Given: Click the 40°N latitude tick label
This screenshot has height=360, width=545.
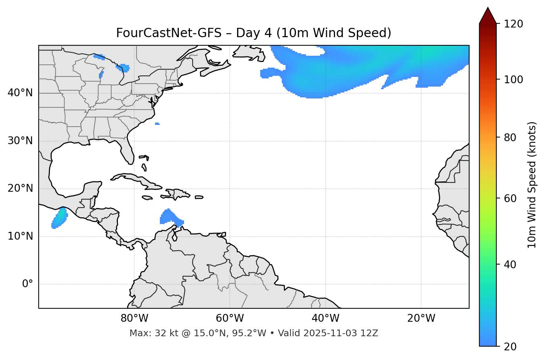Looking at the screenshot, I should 20,93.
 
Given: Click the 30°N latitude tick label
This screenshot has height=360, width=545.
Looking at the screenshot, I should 20,141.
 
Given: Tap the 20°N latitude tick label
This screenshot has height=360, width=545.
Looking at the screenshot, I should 20,188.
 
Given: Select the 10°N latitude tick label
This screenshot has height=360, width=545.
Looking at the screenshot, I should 20,236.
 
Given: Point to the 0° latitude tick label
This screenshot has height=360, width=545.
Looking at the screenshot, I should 28,284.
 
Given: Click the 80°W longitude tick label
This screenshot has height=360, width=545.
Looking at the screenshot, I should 134,318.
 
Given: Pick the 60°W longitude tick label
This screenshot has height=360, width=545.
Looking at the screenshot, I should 230,318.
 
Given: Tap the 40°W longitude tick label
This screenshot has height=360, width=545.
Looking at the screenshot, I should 325,318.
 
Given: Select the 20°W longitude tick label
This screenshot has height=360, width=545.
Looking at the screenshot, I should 421,318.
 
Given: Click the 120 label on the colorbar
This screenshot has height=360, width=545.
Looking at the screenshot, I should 513,24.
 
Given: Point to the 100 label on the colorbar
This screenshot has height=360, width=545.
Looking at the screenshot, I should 513,80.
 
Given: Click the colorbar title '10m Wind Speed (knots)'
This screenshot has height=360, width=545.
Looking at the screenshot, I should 532,185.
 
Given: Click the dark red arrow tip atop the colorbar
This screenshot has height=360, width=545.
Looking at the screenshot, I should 488,15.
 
